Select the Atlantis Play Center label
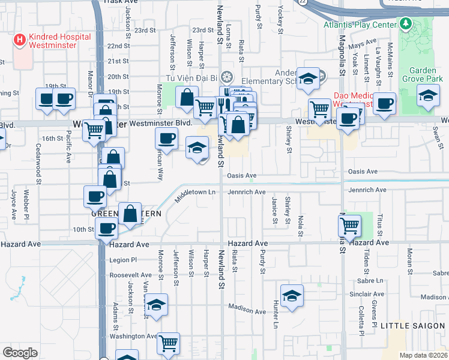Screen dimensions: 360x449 (361, 25)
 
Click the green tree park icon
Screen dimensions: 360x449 (406, 25)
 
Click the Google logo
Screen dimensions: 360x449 (19, 352)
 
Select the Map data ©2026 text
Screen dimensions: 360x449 (422, 355)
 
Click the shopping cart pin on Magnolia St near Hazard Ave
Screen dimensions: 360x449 (349, 226)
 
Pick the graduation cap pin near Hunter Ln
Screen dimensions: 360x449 (292, 295)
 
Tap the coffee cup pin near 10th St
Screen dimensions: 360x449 (107, 228)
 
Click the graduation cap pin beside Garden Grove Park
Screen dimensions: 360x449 (428, 97)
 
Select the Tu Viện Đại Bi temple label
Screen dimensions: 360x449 (191, 77)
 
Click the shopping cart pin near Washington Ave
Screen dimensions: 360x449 (169, 343)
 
